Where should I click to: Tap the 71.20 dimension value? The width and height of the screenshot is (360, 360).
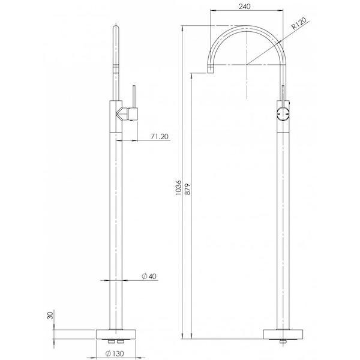(x=159, y=136)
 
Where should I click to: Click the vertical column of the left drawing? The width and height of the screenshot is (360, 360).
(x=116, y=228)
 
